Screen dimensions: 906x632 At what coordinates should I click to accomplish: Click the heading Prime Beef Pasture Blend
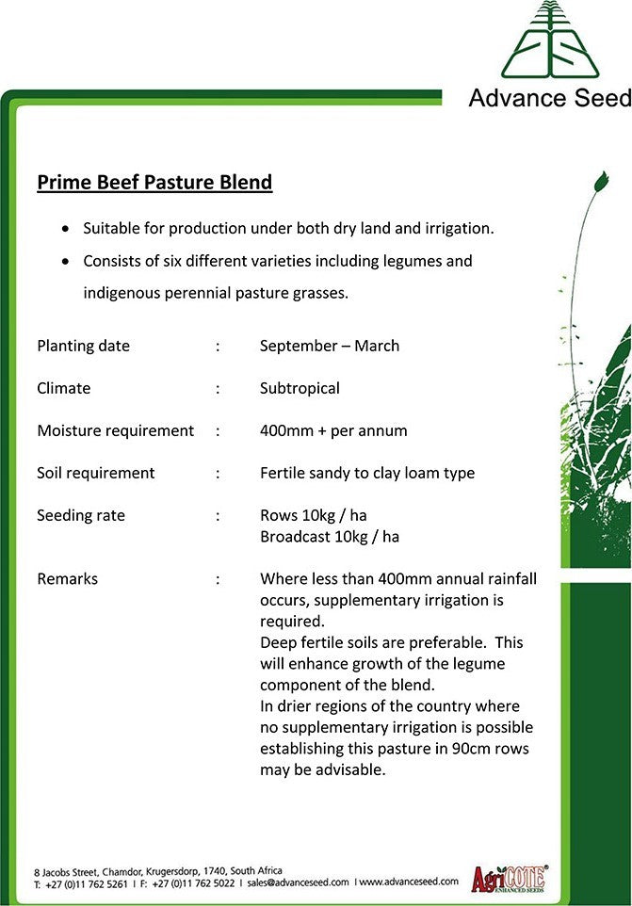click(154, 182)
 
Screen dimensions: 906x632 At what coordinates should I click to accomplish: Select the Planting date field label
click(83, 346)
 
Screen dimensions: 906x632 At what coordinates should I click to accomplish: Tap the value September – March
click(329, 346)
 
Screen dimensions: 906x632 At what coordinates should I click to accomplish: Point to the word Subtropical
click(300, 388)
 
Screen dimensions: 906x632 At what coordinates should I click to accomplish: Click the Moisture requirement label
click(115, 430)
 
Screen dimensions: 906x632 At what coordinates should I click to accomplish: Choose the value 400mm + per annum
click(333, 430)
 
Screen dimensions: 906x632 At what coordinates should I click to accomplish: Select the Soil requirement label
click(95, 473)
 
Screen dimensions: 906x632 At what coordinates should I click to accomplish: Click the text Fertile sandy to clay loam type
click(366, 473)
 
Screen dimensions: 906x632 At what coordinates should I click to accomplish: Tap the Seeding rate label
click(80, 515)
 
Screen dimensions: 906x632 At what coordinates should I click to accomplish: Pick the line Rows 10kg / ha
click(313, 515)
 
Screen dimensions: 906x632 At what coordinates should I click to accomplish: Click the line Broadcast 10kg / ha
click(329, 537)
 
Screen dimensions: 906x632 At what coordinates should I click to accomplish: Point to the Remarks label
click(67, 578)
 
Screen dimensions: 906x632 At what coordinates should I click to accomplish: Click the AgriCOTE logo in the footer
click(510, 878)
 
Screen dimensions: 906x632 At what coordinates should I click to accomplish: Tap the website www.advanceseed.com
click(408, 882)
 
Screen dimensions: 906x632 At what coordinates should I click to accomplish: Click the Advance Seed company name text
click(549, 98)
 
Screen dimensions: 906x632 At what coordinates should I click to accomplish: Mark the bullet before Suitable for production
click(64, 229)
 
